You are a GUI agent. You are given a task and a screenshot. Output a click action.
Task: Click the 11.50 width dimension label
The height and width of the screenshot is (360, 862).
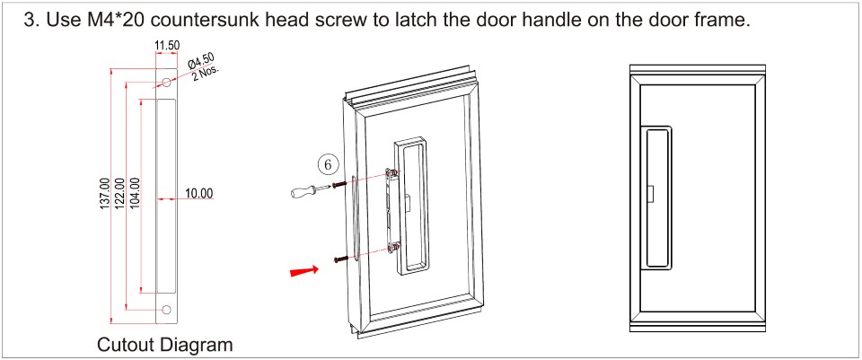click(x=167, y=46)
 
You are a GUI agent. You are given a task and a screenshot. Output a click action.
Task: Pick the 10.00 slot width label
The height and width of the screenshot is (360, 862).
click(x=198, y=193)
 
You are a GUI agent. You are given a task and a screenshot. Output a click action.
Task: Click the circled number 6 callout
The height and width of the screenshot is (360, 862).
click(x=329, y=164)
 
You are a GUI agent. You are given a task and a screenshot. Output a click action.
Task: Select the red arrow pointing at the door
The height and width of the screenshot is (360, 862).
click(x=304, y=271)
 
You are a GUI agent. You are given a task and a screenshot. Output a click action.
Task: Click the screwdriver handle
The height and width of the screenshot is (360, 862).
click(x=302, y=191)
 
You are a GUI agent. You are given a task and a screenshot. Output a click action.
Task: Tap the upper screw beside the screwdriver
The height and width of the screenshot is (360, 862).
click(x=340, y=184)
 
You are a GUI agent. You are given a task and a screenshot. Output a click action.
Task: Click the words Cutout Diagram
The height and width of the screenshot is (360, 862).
click(x=165, y=345)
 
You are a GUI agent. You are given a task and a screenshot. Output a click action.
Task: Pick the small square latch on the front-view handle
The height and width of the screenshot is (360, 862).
click(x=650, y=193)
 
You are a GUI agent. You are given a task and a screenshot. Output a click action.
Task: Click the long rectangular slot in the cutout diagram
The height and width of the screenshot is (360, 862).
click(x=166, y=196)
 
